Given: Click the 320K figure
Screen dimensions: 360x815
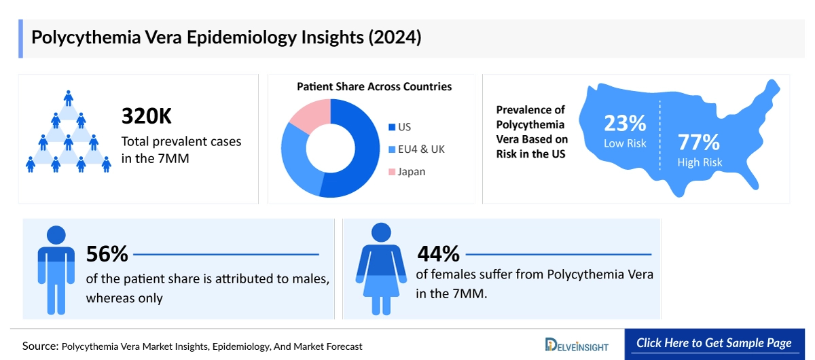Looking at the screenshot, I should (147, 116).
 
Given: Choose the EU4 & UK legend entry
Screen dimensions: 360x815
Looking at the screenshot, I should (416, 149).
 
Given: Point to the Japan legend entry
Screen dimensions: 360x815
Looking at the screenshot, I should (407, 172).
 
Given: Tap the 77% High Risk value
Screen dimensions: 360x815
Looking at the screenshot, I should (699, 143).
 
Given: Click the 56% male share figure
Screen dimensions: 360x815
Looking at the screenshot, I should (107, 255).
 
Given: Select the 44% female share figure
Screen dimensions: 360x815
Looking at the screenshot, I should (439, 255).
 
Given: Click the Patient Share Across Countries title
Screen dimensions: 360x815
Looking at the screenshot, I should (374, 87).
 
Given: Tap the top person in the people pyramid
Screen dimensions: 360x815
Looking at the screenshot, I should (68, 97).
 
